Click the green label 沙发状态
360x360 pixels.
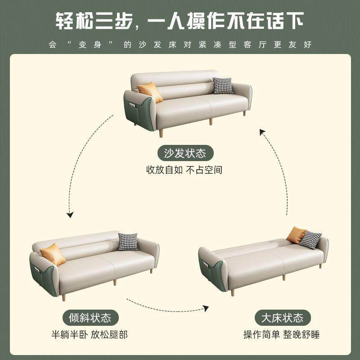[x=185, y=153]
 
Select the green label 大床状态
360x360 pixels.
[x=282, y=318]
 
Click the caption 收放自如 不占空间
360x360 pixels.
[x=184, y=171]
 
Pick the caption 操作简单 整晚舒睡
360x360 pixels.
[x=282, y=335]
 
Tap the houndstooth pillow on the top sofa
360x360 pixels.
[x=223, y=85]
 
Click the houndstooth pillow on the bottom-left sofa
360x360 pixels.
[x=128, y=242]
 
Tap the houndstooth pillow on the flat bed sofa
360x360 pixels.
[x=310, y=240]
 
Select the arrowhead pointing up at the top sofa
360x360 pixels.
[x=262, y=131]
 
